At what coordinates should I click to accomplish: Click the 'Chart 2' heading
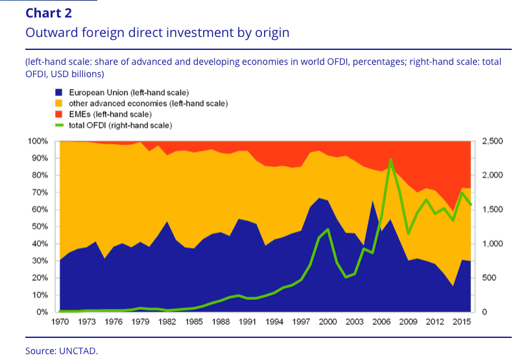(49, 13)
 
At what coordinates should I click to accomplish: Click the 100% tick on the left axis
(38, 141)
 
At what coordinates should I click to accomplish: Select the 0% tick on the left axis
(42, 313)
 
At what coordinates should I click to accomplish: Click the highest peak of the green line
(390, 159)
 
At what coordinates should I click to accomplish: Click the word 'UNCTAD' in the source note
(80, 351)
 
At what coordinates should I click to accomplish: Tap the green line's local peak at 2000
(328, 229)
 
